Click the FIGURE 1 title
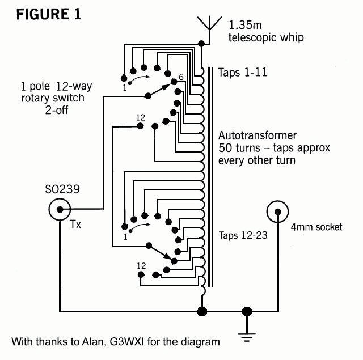[x=48, y=14]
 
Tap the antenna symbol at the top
[x=209, y=26]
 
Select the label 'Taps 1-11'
[x=243, y=73]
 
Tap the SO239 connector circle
[x=60, y=211]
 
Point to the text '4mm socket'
[x=316, y=227]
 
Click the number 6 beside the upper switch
[x=181, y=77]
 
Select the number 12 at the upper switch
[x=141, y=117]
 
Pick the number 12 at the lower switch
[x=141, y=265]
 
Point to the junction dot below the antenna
[x=202, y=43]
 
